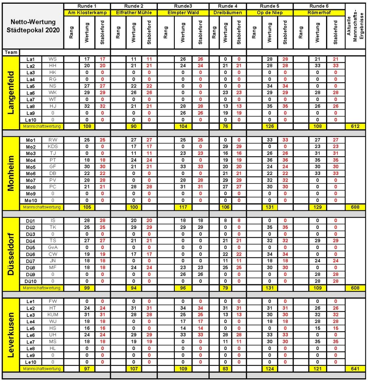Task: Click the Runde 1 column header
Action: click(87, 6)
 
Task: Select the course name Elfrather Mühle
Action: click(134, 13)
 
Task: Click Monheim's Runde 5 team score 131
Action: click(270, 207)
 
